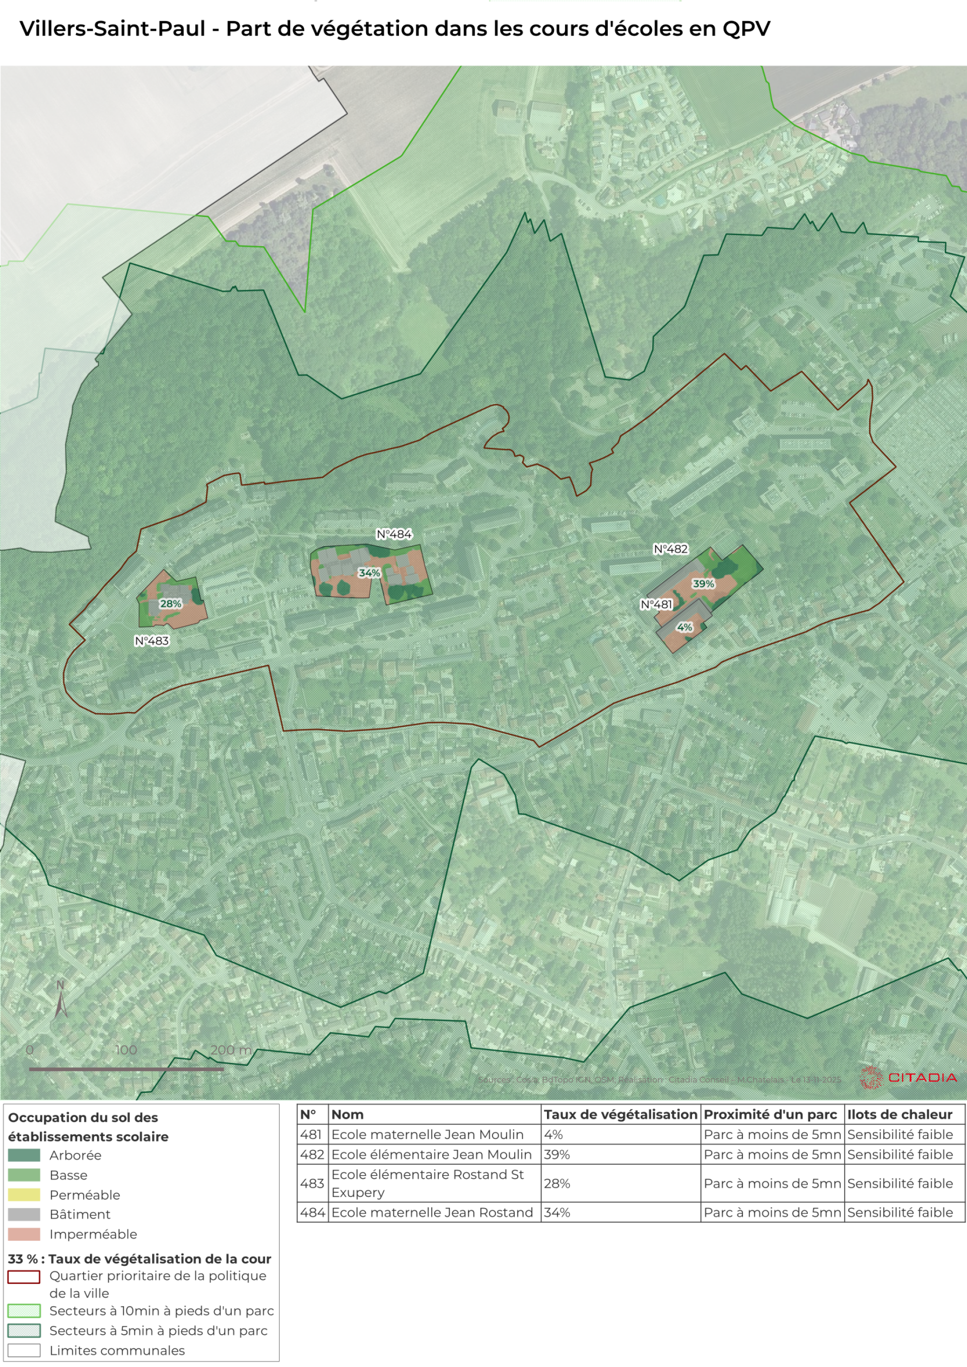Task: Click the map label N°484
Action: coord(394,534)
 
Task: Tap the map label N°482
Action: coord(670,549)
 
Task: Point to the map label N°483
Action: coord(152,641)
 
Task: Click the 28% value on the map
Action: coord(170,603)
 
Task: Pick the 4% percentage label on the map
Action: coord(684,627)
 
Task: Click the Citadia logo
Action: coord(909,1078)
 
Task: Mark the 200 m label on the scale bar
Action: coord(231,1050)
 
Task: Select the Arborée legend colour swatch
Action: coord(25,1155)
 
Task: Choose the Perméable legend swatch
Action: coord(25,1194)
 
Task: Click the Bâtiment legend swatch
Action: coord(25,1214)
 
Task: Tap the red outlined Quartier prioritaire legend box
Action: coord(25,1276)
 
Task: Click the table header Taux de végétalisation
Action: coord(620,1114)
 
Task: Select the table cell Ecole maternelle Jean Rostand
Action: coord(432,1212)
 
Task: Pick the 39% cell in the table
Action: coord(557,1155)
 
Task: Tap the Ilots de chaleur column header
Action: coord(900,1114)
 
